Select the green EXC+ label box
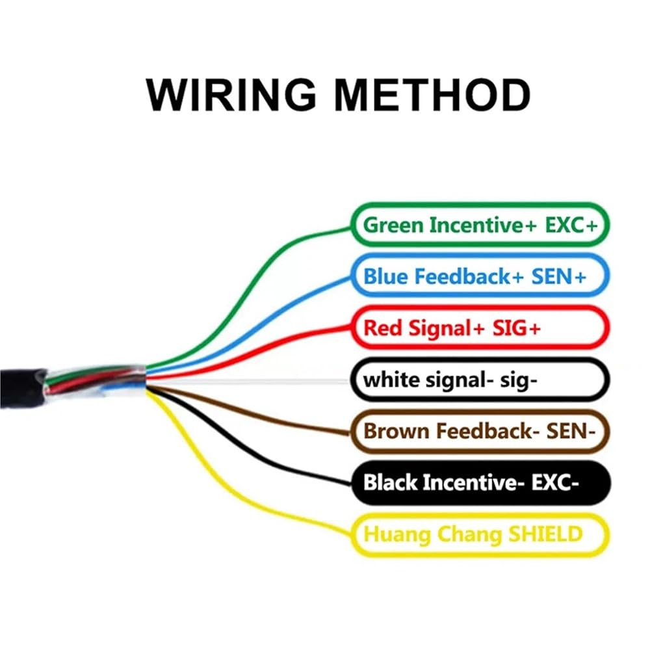[480, 225]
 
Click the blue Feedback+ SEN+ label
[480, 276]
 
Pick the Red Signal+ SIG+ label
[480, 328]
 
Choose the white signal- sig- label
[480, 380]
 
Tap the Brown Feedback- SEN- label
[480, 431]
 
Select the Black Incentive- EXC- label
[480, 482]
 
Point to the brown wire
[249, 413]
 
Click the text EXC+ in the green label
[571, 225]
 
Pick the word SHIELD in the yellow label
[545, 534]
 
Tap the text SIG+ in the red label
[517, 328]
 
